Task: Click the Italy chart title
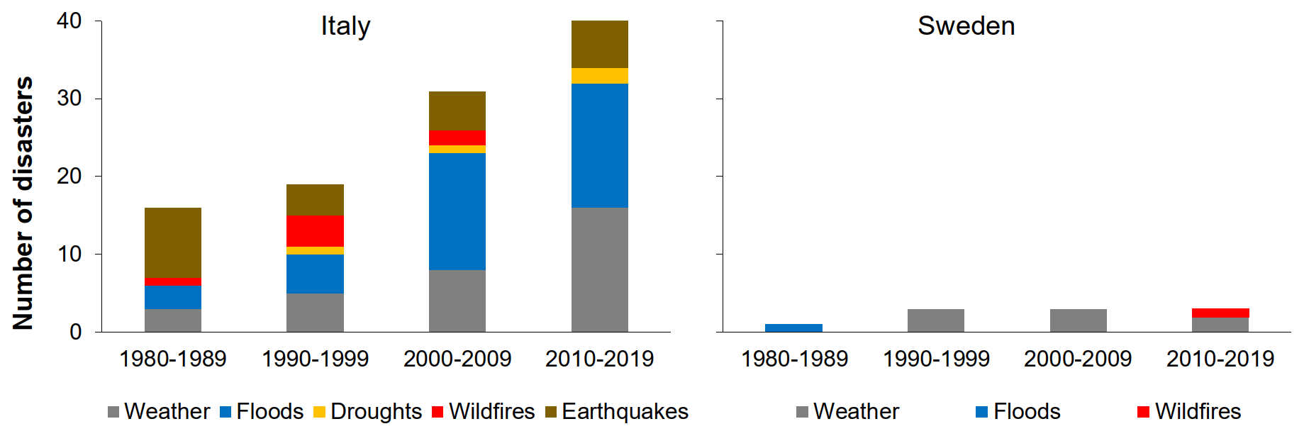click(x=345, y=26)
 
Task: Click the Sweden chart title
click(x=966, y=26)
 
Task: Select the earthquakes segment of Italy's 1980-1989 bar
click(x=173, y=242)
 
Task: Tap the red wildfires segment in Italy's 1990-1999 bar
click(x=316, y=230)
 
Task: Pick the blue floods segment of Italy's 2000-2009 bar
click(x=457, y=211)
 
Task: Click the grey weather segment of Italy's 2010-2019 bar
click(x=600, y=269)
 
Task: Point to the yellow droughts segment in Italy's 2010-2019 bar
click(x=600, y=76)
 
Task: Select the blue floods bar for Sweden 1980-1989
click(x=794, y=328)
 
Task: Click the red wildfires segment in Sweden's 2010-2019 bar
click(x=1220, y=313)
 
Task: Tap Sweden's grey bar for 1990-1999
click(x=936, y=320)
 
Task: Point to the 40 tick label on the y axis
click(x=69, y=21)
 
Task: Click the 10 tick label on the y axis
click(x=69, y=254)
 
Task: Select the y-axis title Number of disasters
click(x=23, y=203)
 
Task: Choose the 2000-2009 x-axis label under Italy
click(x=457, y=359)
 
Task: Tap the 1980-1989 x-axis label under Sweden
click(x=794, y=359)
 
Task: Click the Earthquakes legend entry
click(x=617, y=412)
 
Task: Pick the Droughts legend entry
click(x=367, y=412)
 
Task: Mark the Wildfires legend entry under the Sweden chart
click(x=1189, y=412)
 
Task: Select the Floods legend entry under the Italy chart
click(x=262, y=412)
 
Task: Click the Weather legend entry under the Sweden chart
click(x=848, y=412)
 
